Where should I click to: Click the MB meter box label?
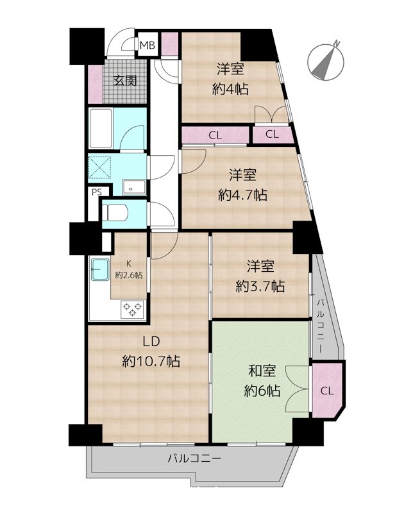147,45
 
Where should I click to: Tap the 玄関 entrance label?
125,81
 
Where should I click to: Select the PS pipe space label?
97,192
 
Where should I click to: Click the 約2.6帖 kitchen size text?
129,274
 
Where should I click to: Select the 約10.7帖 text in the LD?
151,362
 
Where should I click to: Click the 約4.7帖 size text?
242,194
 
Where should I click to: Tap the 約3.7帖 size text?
260,287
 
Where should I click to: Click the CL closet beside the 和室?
327,391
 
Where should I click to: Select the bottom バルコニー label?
194,458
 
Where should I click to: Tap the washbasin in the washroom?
133,188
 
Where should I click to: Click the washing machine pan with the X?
101,168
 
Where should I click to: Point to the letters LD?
150,341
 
